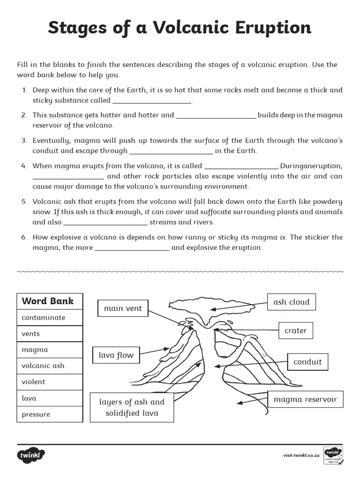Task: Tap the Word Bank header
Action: [48, 301]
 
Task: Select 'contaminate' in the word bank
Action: [44, 317]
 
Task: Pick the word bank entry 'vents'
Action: [31, 334]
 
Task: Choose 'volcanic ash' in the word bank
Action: [43, 366]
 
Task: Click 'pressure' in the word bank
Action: [36, 414]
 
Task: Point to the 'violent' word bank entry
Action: [33, 382]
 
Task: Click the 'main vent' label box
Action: [123, 308]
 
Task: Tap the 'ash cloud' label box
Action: [292, 302]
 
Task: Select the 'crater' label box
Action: [296, 330]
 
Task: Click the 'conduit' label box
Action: [307, 362]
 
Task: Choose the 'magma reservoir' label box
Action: [305, 400]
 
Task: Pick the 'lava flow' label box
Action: [116, 355]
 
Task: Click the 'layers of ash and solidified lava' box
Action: [132, 407]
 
